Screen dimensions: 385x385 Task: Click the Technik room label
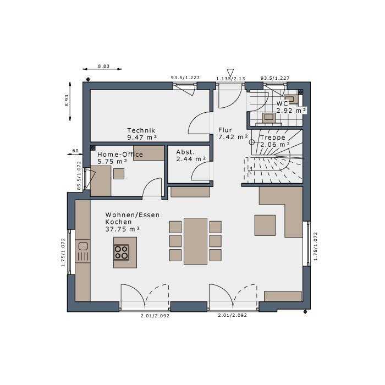pyautogui.click(x=141, y=130)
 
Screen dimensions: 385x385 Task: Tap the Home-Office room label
pyautogui.click(x=120, y=155)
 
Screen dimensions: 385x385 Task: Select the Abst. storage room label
pyautogui.click(x=185, y=152)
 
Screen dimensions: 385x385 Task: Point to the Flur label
pyautogui.click(x=225, y=130)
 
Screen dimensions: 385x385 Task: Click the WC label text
pyautogui.click(x=282, y=103)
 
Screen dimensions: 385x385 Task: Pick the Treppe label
pyautogui.click(x=273, y=137)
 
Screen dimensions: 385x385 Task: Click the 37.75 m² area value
pyautogui.click(x=123, y=229)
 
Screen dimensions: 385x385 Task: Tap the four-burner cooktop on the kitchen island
pyautogui.click(x=122, y=252)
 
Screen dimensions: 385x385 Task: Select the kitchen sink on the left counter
pyautogui.click(x=83, y=246)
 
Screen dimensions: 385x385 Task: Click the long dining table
pyautogui.click(x=195, y=241)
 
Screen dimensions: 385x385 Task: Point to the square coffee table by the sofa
pyautogui.click(x=265, y=225)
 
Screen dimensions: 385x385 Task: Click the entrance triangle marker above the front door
pyautogui.click(x=230, y=73)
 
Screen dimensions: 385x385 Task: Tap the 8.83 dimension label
pyautogui.click(x=104, y=66)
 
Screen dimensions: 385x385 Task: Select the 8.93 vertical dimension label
pyautogui.click(x=67, y=101)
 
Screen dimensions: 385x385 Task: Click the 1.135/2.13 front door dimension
pyautogui.click(x=230, y=79)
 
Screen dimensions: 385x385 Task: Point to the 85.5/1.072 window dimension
pyautogui.click(x=79, y=175)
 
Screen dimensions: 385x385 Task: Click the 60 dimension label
pyautogui.click(x=75, y=151)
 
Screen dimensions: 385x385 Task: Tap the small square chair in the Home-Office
pyautogui.click(x=119, y=174)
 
